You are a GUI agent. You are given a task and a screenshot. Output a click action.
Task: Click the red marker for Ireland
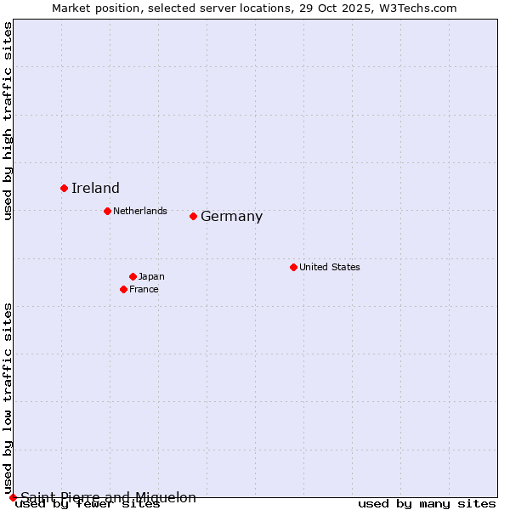pos(64,188)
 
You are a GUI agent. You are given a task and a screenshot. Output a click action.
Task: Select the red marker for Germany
pos(193,216)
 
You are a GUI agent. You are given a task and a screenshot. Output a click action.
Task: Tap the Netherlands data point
pos(107,211)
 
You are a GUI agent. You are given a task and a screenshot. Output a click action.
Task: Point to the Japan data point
pos(133,276)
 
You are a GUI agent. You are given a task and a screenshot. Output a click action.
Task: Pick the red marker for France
pos(123,289)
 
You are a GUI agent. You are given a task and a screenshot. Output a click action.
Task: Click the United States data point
pos(293,267)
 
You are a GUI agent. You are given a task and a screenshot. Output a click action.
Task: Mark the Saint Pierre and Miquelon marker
pos(13,497)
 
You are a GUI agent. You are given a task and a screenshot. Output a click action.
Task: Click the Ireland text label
pos(95,189)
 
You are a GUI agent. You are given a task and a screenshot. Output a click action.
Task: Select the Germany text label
pos(231,217)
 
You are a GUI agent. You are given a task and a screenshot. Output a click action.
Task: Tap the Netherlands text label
pos(139,211)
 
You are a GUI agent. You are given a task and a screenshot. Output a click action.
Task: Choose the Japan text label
pos(151,276)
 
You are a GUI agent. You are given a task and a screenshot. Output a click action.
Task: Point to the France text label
pos(144,289)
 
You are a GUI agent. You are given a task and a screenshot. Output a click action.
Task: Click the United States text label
pos(329,267)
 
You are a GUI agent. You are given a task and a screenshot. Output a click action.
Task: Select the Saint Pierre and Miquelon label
pos(108,497)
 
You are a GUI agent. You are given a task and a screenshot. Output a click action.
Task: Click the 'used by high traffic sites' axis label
pos(8,122)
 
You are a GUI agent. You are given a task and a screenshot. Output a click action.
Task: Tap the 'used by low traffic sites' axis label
pos(8,398)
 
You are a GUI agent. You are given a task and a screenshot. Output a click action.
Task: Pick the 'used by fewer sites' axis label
pos(88,504)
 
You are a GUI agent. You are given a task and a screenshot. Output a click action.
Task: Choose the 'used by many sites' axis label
pos(427,504)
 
